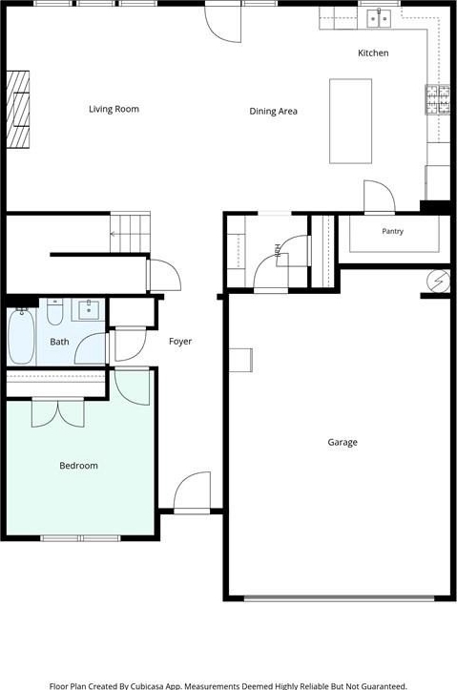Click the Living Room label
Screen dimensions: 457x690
pyautogui.click(x=114, y=109)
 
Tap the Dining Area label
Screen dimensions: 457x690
pyautogui.click(x=273, y=112)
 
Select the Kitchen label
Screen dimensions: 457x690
pyautogui.click(x=373, y=52)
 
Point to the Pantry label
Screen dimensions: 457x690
pyautogui.click(x=392, y=231)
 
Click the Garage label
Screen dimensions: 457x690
pyautogui.click(x=343, y=442)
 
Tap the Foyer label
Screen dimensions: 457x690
pyautogui.click(x=180, y=342)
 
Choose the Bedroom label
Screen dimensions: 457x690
pyautogui.click(x=79, y=466)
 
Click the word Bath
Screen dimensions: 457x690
pyautogui.click(x=59, y=342)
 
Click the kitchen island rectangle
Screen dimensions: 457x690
pyautogui.click(x=350, y=121)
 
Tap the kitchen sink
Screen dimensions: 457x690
pyautogui.click(x=379, y=18)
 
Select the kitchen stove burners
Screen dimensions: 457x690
pyautogui.click(x=437, y=99)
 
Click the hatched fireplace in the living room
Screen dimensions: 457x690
pyautogui.click(x=18, y=110)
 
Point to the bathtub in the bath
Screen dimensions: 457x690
pyautogui.click(x=21, y=336)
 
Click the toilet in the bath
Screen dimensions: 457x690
pyautogui.click(x=55, y=311)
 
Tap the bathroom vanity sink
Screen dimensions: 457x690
pyautogui.click(x=89, y=309)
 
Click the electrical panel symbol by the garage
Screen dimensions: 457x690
pyautogui.click(x=439, y=281)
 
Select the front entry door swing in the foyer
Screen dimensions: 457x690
pyautogui.click(x=192, y=491)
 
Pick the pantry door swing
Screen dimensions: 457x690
pyautogui.click(x=379, y=197)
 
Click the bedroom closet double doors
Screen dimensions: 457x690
pyautogui.click(x=58, y=412)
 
